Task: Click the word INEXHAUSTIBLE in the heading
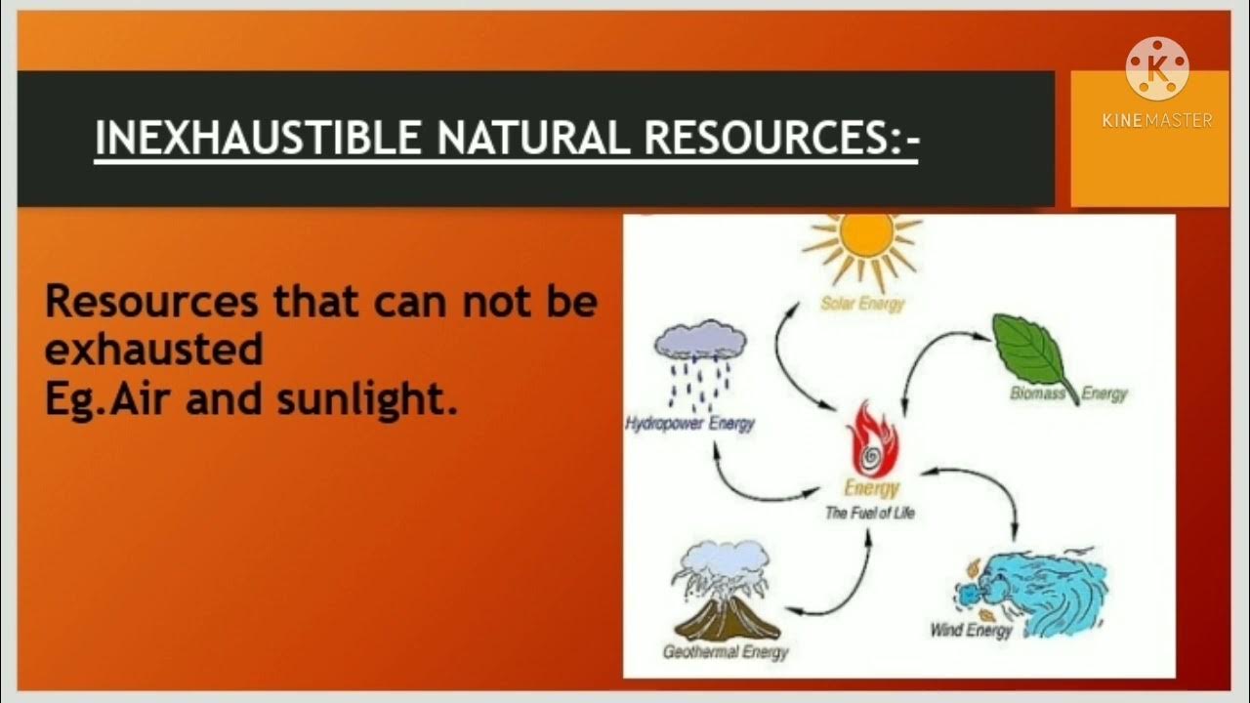coord(260,139)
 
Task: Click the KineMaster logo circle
coord(1157,68)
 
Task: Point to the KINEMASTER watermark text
coord(1157,120)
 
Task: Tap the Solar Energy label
coord(861,304)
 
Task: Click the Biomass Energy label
coord(1068,393)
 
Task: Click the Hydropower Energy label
coord(689,425)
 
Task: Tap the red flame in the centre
coord(872,438)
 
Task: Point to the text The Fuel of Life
coord(869,513)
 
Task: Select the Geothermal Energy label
coord(725,652)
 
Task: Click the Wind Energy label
coord(971,631)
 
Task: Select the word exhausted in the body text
coord(154,350)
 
